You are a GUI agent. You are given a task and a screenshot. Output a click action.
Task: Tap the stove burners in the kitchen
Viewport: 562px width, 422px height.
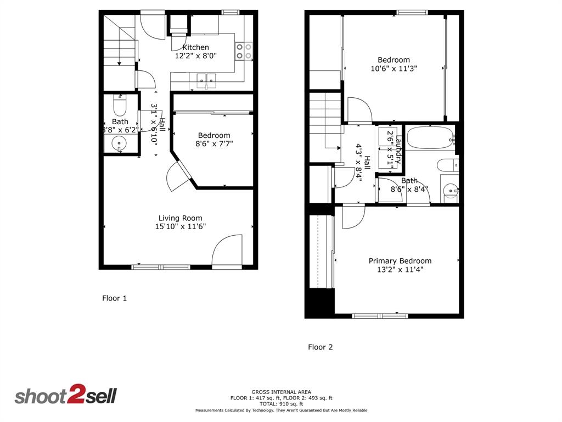[x=244, y=51]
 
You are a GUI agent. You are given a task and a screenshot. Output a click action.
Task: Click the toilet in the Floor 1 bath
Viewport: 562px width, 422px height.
[x=120, y=104]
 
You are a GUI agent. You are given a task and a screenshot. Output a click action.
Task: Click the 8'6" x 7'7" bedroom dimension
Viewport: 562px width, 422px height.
[x=214, y=145]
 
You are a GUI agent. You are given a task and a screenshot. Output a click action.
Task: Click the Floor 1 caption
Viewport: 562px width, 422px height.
[x=114, y=298]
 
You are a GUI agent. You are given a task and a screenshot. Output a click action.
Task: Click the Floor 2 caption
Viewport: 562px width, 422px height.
[x=320, y=347]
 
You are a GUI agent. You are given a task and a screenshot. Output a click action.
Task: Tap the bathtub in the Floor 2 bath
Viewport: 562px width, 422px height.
[x=430, y=138]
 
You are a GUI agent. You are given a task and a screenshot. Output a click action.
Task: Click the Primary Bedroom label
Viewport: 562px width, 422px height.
[x=400, y=261]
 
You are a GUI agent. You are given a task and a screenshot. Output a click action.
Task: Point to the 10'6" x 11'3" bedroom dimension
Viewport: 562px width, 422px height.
[x=394, y=69]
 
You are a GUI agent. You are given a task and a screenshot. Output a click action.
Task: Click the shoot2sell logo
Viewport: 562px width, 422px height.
[x=65, y=396]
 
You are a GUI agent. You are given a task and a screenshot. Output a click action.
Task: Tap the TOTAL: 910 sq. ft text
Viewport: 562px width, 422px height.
[x=281, y=403]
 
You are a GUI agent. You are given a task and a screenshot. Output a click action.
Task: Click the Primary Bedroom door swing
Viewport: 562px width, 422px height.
[x=351, y=216]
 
